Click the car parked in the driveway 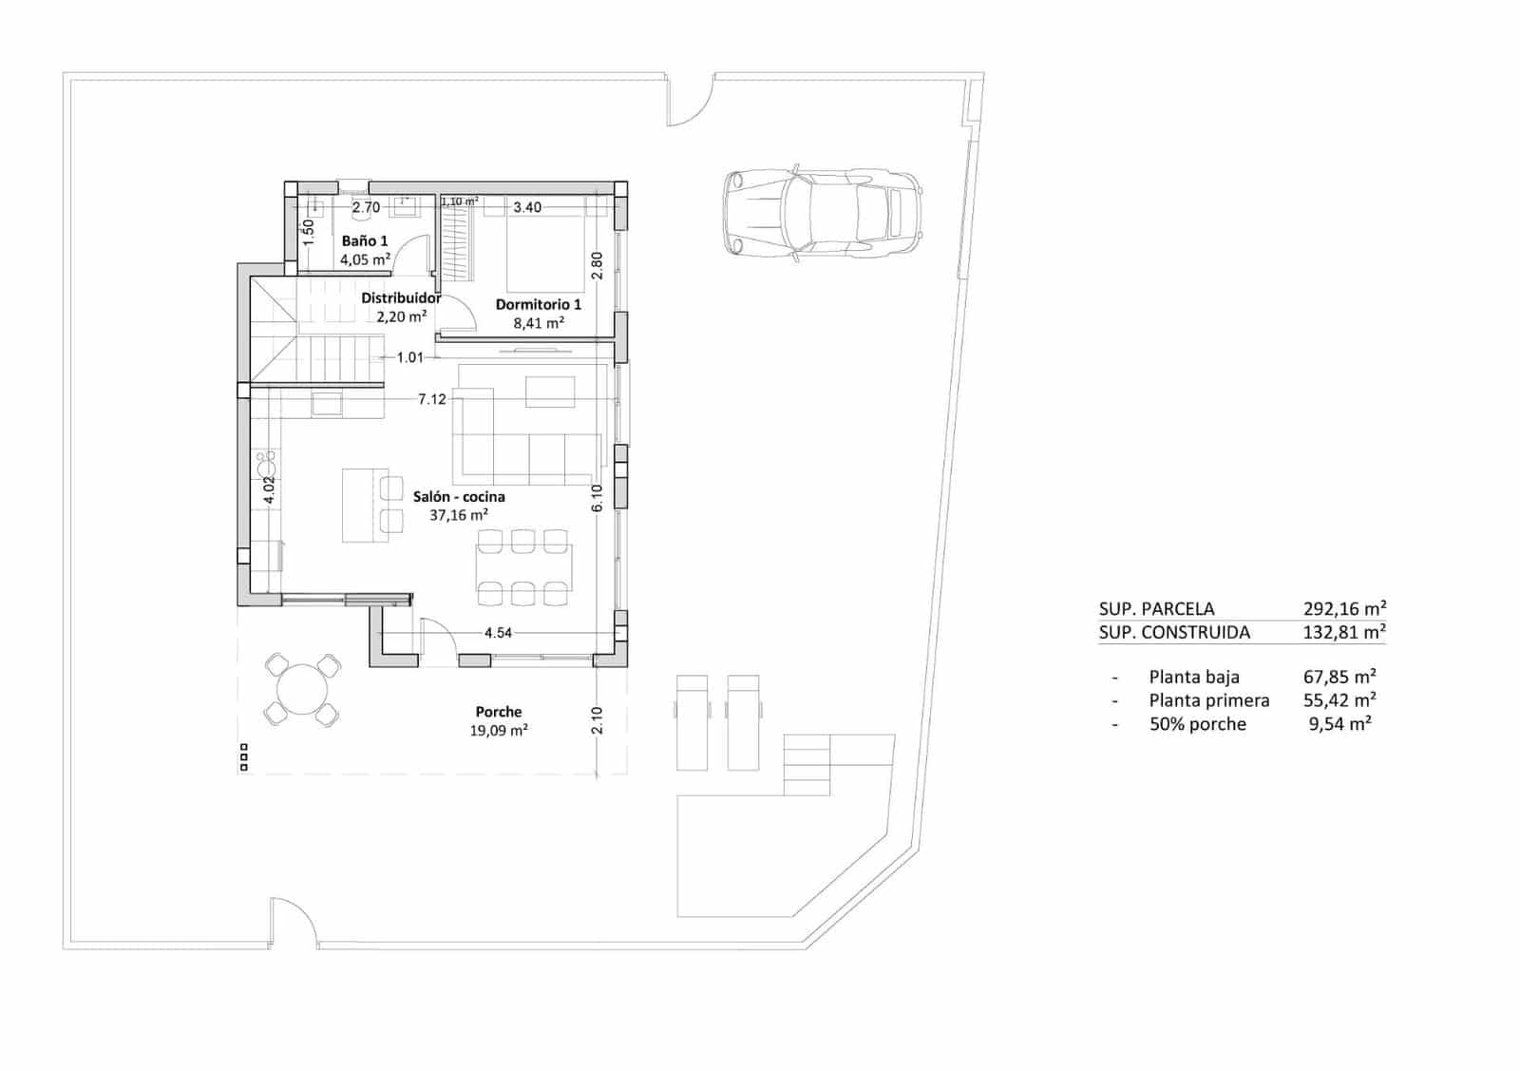click(x=823, y=214)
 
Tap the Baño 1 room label click(x=365, y=241)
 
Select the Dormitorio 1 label click(x=539, y=305)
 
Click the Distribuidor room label click(x=401, y=298)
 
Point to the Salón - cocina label click(x=459, y=497)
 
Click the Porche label click(x=499, y=712)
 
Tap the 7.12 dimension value click(x=432, y=399)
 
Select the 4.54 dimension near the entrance click(x=499, y=633)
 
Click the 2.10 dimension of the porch click(x=598, y=720)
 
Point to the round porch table click(x=302, y=689)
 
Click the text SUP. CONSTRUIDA click(x=1174, y=633)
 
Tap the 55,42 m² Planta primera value click(x=1340, y=700)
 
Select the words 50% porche click(x=1197, y=724)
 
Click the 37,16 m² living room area click(x=459, y=516)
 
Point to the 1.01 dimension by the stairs click(x=409, y=357)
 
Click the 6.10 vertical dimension click(x=597, y=498)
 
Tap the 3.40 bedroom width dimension click(x=527, y=207)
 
